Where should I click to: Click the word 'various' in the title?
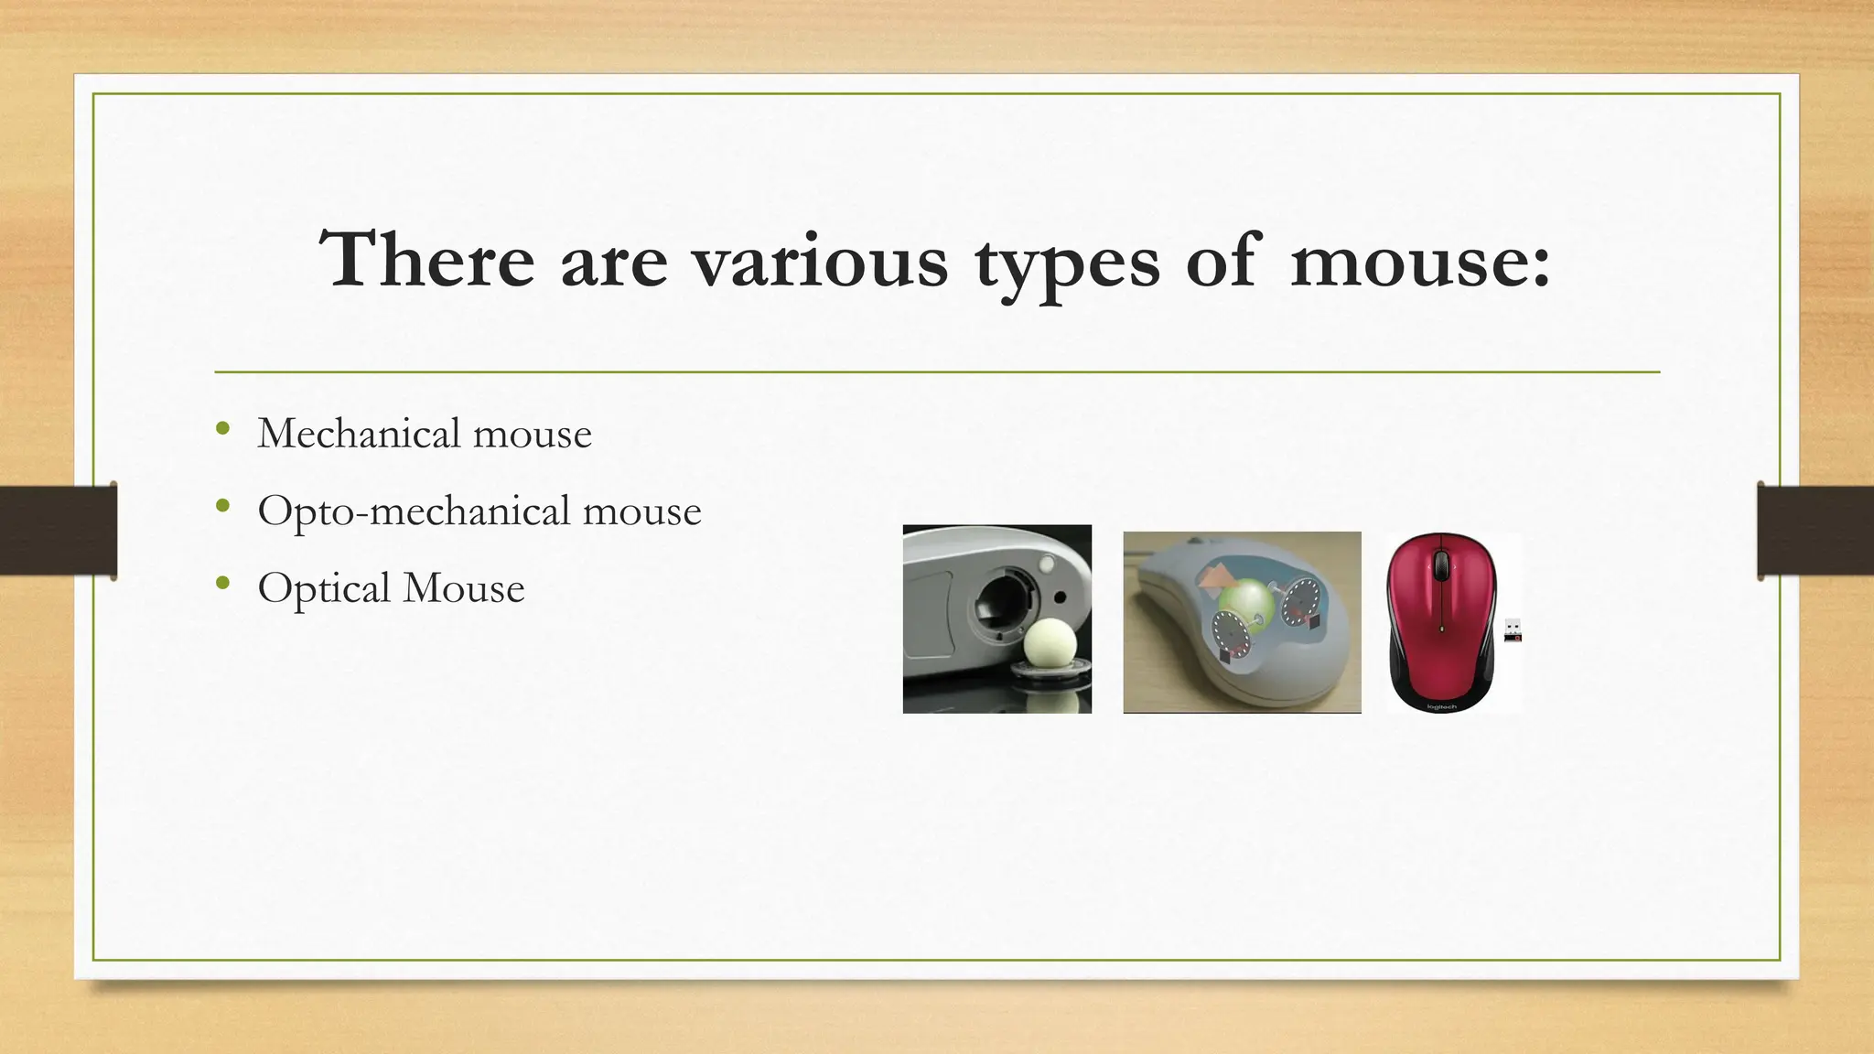(819, 261)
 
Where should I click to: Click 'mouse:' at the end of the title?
(1420, 261)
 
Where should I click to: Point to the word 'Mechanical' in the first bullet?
(359, 433)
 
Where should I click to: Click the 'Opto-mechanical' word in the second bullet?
(414, 511)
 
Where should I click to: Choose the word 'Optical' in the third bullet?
(324, 588)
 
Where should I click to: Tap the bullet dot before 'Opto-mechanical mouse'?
(223, 506)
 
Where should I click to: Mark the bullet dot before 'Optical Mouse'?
(223, 583)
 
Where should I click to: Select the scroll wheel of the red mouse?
(1441, 565)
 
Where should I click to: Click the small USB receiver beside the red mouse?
(1513, 630)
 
